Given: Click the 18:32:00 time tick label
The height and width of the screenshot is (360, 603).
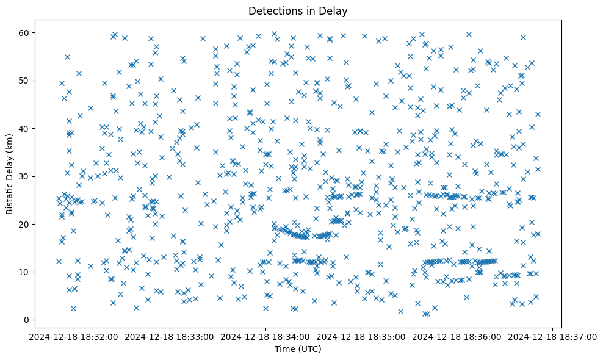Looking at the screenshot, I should click(x=75, y=336).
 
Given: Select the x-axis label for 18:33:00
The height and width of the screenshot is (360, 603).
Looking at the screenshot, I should click(x=170, y=336).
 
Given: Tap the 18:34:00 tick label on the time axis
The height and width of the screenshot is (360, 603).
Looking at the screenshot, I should click(x=266, y=336).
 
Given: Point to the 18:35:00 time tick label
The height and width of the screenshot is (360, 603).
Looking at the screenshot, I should click(x=361, y=336).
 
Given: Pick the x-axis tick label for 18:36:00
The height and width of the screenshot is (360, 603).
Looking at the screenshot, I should click(x=457, y=336).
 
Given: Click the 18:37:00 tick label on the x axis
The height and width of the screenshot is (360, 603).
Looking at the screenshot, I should click(x=552, y=336).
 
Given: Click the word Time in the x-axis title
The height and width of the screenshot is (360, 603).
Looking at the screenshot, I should click(x=282, y=349).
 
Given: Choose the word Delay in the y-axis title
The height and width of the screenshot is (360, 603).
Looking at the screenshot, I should click(x=10, y=163).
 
